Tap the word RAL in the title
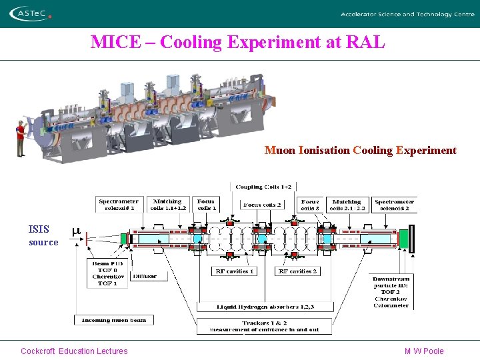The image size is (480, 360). click(x=366, y=43)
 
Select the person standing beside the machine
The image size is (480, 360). click(x=21, y=139)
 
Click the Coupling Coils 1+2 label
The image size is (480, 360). click(x=263, y=187)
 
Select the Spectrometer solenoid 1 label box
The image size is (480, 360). click(x=119, y=204)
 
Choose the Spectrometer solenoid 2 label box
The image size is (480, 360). click(x=395, y=204)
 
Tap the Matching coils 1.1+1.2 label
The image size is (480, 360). click(x=167, y=204)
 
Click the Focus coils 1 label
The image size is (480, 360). click(x=207, y=204)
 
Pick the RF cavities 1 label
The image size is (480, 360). click(x=235, y=271)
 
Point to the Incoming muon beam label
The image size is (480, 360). click(x=113, y=320)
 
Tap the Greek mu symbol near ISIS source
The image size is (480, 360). click(x=76, y=231)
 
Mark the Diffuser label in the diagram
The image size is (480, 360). click(x=145, y=275)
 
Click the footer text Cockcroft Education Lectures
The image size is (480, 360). click(x=74, y=351)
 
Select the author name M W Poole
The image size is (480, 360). click(x=424, y=351)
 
